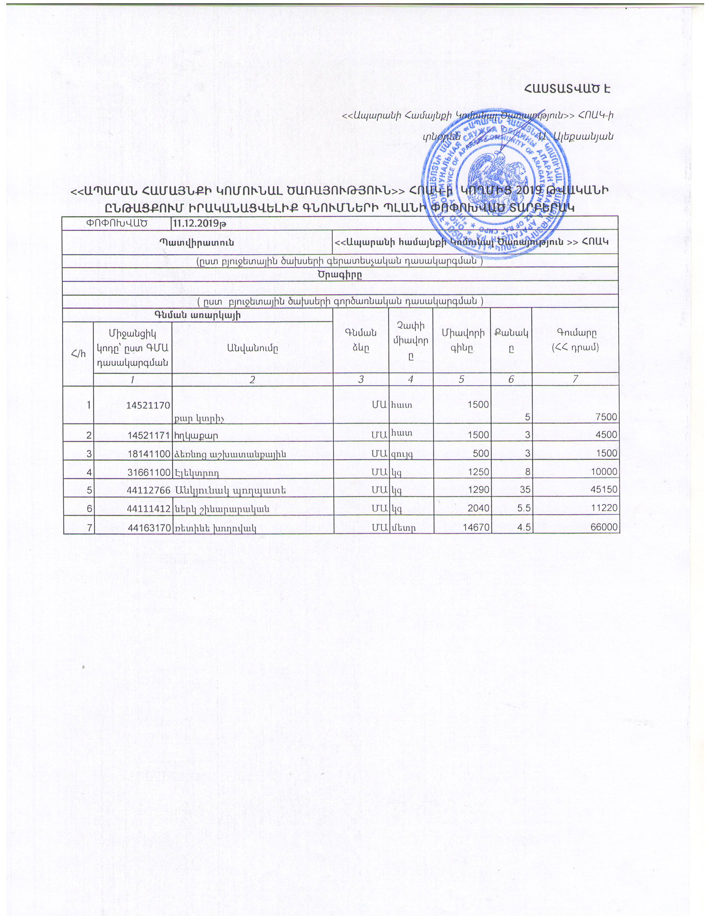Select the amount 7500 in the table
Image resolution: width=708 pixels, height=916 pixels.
click(606, 417)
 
